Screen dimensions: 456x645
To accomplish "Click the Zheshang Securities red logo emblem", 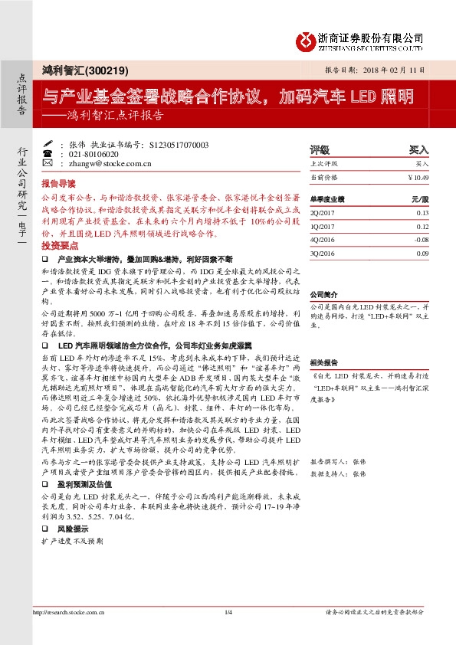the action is click(x=307, y=38).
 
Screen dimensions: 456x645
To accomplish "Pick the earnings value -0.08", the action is click(x=422, y=240).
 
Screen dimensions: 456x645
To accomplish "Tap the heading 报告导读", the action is click(x=58, y=185).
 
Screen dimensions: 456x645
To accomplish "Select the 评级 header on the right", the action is click(x=319, y=150).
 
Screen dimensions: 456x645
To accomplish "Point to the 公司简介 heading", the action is click(x=323, y=294).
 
